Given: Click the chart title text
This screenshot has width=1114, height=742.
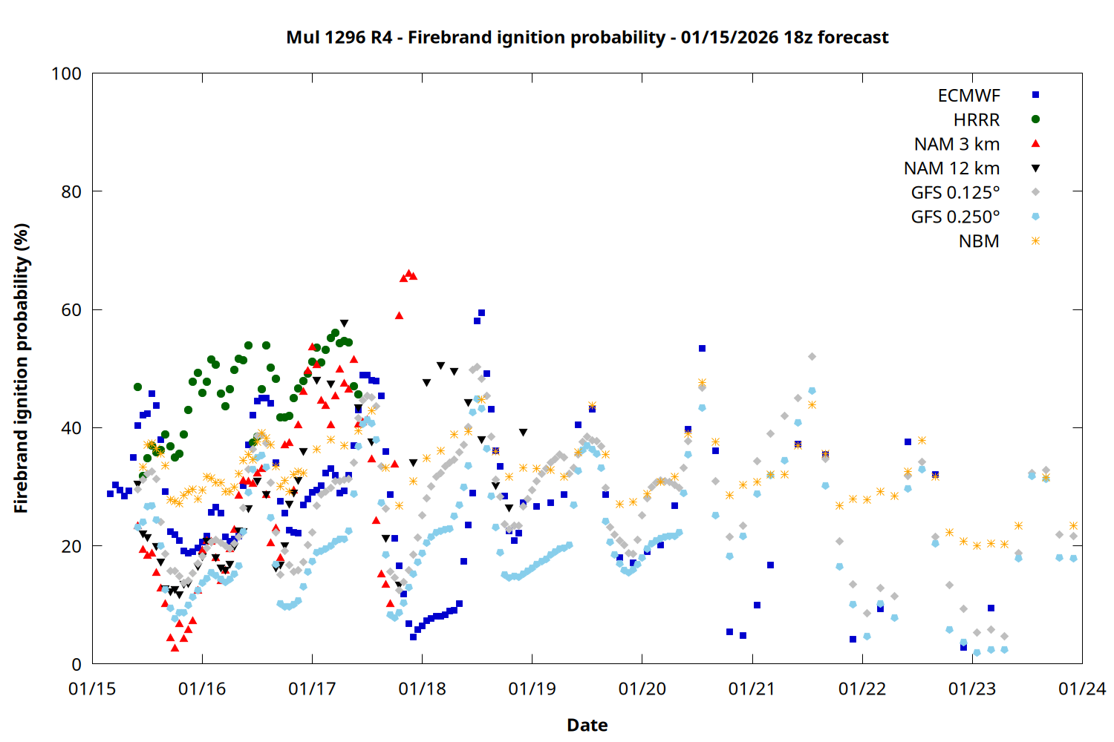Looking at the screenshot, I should point(587,37).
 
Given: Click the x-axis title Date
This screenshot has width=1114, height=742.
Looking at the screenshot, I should point(587,725).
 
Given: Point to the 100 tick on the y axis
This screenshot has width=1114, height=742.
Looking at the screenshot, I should point(66,73).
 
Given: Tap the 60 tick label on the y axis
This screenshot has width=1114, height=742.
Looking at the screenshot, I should point(71,309).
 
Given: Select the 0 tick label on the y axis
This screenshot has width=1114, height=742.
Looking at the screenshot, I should point(76,664).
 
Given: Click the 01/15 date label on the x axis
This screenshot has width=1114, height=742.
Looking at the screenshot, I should point(92,689).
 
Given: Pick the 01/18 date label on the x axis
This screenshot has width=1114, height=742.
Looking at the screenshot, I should point(422,689).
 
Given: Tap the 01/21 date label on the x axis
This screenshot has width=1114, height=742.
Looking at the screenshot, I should point(752,689).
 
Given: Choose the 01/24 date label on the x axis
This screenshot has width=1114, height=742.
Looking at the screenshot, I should point(1081,689).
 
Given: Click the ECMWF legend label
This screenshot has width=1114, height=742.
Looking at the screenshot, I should point(968,96).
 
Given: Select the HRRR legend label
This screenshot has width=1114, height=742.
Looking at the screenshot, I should point(977,120).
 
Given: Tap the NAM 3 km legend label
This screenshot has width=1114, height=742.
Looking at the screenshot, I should point(957,144).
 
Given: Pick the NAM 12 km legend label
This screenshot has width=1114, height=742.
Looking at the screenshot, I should point(951,168).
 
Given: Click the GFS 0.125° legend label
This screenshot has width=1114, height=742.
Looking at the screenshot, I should point(955,193).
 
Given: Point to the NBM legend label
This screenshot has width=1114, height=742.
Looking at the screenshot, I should point(979,241).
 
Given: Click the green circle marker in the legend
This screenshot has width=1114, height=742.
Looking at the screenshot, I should point(1035,119).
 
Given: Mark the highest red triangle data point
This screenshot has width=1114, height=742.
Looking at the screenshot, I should point(408,274).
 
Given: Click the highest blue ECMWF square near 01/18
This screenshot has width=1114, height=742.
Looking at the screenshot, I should point(481,313).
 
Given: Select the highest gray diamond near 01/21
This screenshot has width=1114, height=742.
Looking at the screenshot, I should point(812,357).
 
